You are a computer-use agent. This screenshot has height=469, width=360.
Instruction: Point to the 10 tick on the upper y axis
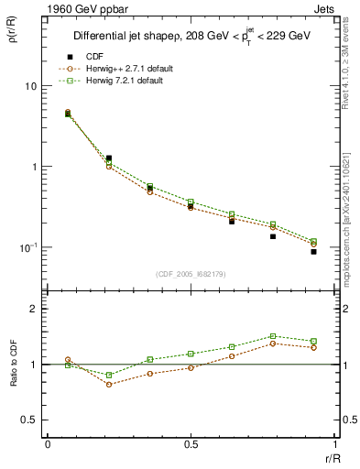[29, 86]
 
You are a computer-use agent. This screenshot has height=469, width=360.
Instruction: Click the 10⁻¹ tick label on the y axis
[27, 248]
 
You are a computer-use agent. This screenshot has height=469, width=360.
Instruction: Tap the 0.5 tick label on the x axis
[191, 444]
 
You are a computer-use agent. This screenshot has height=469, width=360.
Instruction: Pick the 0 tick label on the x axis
[48, 444]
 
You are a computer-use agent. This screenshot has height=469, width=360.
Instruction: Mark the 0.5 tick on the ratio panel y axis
[30, 420]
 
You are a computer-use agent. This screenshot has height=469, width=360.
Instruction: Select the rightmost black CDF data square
[313, 251]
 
